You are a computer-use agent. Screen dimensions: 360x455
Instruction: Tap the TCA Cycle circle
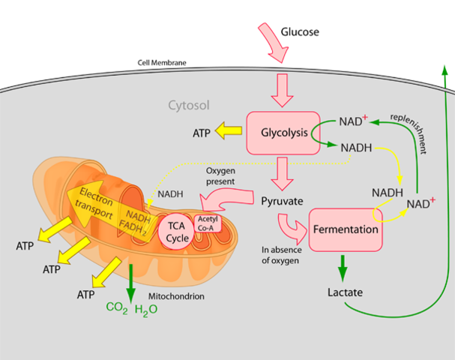point(176,231)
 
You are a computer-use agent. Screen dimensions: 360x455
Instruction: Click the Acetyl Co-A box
point(207,223)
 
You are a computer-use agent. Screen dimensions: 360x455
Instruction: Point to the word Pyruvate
point(282,200)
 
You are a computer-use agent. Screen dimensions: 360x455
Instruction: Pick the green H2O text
point(146,307)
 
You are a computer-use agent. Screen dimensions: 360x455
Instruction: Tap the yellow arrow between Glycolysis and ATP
point(227,133)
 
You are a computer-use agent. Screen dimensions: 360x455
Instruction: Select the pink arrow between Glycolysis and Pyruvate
point(283,172)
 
